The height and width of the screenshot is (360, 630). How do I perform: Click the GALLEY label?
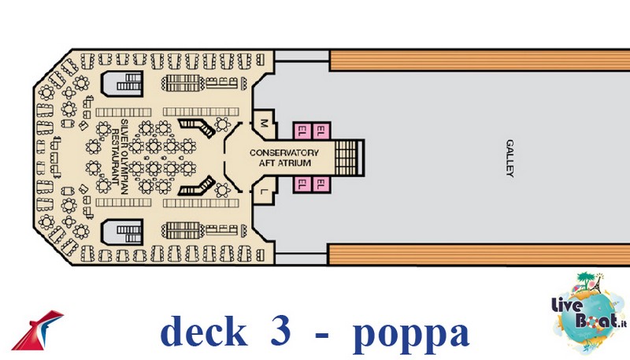tap(510, 158)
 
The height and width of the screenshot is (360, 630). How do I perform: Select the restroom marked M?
tap(265, 123)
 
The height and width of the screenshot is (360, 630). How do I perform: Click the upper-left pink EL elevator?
tap(302, 129)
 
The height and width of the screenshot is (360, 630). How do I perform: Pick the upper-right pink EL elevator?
tap(321, 129)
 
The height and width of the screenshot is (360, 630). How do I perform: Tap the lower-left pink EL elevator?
tap(302, 185)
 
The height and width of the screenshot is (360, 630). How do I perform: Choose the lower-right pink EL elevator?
tap(321, 185)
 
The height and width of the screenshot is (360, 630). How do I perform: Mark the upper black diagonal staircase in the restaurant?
tap(196, 127)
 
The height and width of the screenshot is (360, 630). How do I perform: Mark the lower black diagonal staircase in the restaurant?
tap(196, 187)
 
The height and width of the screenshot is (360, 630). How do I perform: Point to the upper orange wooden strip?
tap(480, 59)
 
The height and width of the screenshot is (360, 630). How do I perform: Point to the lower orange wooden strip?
tap(480, 254)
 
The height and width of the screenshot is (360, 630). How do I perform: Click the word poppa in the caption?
tap(410, 332)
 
